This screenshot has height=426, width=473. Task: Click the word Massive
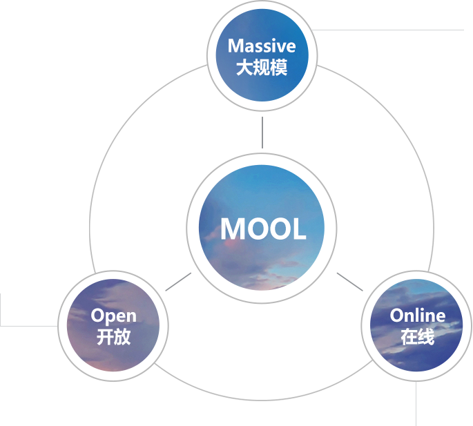coord(262,46)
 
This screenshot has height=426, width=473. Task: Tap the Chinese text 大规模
coord(262,68)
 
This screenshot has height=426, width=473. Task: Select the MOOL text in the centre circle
coord(263,229)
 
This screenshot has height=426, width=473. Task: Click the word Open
coord(114,316)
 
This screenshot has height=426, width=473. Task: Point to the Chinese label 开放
coord(114,338)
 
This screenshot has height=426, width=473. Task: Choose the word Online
coord(417,316)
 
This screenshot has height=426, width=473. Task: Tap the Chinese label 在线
coord(417,338)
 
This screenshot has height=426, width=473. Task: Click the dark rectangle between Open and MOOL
coord(178,282)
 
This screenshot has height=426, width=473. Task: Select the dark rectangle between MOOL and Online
coord(349,282)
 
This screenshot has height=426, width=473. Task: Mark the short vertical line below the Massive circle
coord(262,132)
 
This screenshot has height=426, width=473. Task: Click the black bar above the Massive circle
coord(262,4)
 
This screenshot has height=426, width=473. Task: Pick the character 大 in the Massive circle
coord(244,68)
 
